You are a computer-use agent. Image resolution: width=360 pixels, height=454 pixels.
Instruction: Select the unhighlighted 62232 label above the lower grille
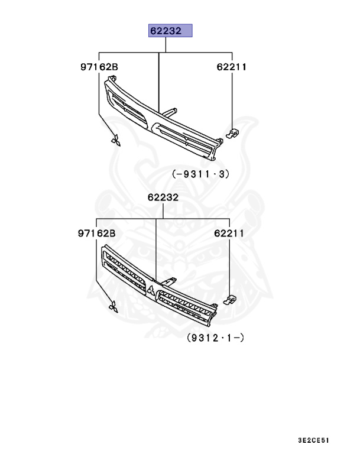click(163, 197)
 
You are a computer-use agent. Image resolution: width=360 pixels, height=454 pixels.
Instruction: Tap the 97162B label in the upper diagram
click(99, 67)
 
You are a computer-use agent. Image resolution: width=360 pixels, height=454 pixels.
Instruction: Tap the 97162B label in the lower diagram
click(97, 233)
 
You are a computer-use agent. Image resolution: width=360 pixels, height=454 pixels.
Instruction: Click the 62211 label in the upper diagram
click(231, 67)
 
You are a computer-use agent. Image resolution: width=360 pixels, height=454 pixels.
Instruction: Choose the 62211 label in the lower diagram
click(229, 233)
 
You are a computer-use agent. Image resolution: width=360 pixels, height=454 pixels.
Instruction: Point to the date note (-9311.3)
click(201, 174)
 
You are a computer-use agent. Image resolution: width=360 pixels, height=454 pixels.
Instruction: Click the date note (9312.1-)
click(216, 338)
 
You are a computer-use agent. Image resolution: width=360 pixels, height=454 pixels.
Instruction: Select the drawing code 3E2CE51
click(314, 440)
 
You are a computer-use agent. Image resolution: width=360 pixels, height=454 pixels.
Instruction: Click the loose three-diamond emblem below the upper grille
click(116, 141)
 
